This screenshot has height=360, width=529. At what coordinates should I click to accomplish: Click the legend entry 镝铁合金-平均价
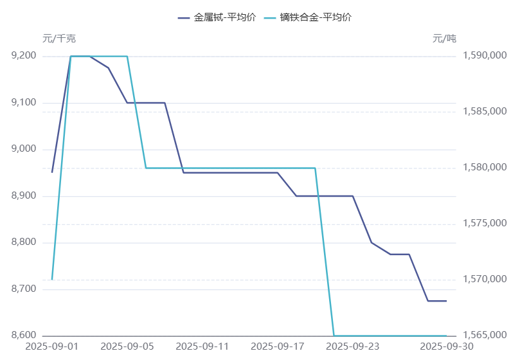click(316, 17)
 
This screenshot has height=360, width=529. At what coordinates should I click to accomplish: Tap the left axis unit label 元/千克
click(59, 39)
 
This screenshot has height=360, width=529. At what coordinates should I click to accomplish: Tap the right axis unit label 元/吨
click(444, 39)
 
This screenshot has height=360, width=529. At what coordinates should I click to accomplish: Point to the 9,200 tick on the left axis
click(24, 56)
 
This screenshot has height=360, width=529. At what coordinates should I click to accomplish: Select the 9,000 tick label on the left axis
click(24, 149)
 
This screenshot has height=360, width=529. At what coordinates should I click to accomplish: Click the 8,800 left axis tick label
click(24, 242)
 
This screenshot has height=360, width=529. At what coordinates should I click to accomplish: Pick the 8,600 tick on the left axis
click(24, 336)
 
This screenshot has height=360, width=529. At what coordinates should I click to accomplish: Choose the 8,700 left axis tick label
click(24, 289)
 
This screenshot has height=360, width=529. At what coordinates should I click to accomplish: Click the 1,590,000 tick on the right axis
click(485, 56)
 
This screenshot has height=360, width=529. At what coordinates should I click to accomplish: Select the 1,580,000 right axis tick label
click(485, 168)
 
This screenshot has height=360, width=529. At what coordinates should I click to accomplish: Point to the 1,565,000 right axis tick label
click(485, 336)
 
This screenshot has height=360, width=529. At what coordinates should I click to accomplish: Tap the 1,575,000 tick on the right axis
click(485, 224)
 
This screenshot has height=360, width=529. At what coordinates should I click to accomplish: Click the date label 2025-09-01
click(51, 346)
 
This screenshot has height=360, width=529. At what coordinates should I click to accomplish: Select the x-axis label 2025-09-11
click(202, 346)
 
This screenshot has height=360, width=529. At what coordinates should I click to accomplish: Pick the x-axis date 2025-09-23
click(352, 346)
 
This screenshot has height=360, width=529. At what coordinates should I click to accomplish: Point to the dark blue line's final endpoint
click(446, 301)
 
